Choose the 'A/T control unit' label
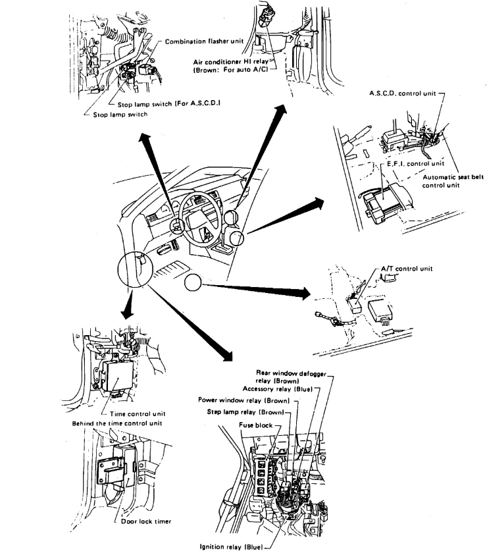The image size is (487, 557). coord(404,269)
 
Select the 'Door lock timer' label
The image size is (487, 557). coord(146,521)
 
